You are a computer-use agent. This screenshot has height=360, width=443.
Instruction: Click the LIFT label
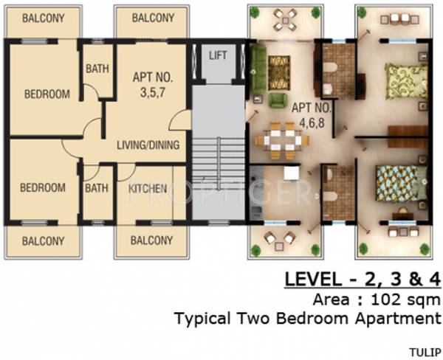pos(218,55)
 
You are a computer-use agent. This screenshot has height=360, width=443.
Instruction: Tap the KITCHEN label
pos(148,189)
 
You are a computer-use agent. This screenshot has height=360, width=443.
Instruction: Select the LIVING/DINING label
pos(148,145)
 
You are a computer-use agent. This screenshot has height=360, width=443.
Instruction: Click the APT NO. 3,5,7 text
pos(153,85)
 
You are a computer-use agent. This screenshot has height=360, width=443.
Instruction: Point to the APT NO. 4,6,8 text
pos(312,115)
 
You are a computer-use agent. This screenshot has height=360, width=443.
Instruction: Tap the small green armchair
pos(278,100)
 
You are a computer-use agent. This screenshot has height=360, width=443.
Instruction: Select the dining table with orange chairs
pos(283,140)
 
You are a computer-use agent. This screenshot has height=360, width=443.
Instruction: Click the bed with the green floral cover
pos(406,81)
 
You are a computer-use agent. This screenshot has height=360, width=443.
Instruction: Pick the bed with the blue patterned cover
pos(402,184)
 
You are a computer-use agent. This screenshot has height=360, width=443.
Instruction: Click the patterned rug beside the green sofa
pos(279,73)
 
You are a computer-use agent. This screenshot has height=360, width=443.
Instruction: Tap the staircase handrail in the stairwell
pos(219,163)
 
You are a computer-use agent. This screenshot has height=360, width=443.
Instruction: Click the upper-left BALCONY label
pos(44,18)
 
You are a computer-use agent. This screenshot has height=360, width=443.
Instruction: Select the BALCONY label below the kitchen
pos(151,240)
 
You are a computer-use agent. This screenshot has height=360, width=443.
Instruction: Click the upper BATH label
pos(97,69)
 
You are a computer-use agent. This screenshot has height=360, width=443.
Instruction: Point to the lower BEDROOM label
pos(43,188)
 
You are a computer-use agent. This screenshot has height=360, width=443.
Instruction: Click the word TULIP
pos(425,353)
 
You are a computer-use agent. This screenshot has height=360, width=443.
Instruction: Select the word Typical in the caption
pos(203,319)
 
